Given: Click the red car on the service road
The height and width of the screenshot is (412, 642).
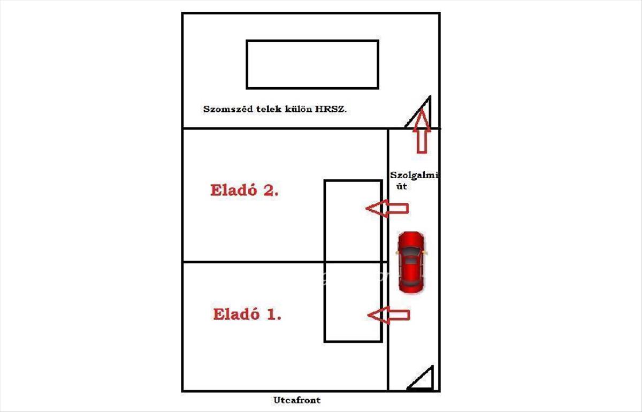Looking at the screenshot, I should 410,262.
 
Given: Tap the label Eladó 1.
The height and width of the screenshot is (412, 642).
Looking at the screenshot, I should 247,314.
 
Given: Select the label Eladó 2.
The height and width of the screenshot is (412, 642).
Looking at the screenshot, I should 244,190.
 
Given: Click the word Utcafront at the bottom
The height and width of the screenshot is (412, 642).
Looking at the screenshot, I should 297,400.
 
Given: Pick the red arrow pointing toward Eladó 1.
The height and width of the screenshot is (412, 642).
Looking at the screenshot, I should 389,315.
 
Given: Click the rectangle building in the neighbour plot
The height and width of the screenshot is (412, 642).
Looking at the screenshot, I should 312,64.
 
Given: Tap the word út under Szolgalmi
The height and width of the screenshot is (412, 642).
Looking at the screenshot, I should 401,186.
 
